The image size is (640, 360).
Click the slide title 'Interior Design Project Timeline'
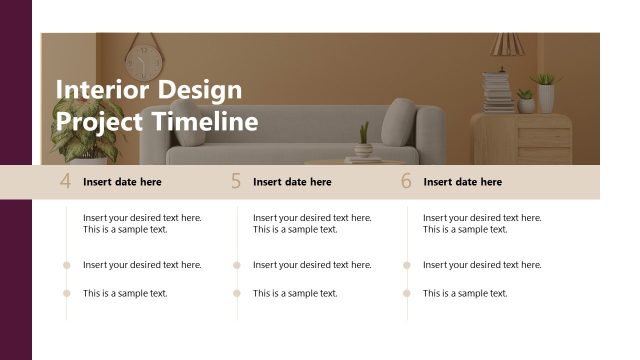point(156,106)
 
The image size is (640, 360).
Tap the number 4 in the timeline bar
point(66,182)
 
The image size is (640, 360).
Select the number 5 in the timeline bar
point(236,182)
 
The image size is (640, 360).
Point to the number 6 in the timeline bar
point(406,182)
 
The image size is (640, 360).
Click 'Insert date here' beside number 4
point(122,182)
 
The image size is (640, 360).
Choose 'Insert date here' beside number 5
point(292,182)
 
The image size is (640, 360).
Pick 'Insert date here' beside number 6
point(462,182)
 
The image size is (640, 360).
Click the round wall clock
point(143,63)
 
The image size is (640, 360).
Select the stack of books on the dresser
point(497,91)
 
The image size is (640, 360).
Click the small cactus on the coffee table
point(363,140)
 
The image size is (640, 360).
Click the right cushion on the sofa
point(399,121)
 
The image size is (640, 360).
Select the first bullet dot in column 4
point(67,265)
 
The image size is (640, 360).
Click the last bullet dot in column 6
point(407,293)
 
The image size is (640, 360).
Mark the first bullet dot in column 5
point(237,265)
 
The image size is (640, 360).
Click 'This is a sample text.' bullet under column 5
point(295,293)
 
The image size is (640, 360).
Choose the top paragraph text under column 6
point(482,223)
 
